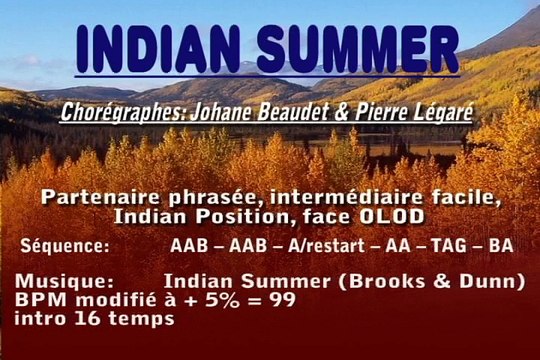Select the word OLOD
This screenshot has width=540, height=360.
pyautogui.click(x=401, y=215)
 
